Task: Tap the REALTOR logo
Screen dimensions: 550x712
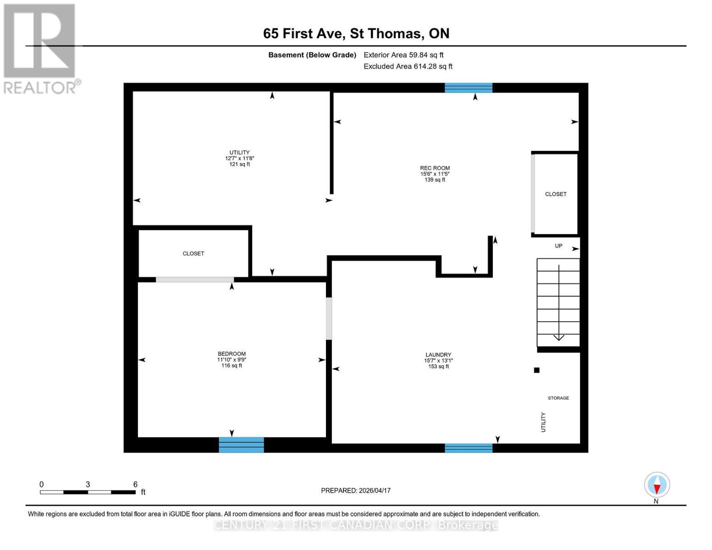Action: pyautogui.click(x=40, y=49)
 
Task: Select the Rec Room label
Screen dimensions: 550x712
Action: pyautogui.click(x=435, y=168)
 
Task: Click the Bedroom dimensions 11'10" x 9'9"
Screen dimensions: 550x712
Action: pyautogui.click(x=232, y=360)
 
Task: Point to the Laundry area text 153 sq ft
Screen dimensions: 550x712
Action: pyautogui.click(x=438, y=366)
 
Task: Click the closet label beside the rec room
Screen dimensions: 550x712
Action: pyautogui.click(x=556, y=194)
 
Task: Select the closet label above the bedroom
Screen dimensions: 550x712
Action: pyautogui.click(x=193, y=253)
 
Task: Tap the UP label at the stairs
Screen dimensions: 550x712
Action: pyautogui.click(x=558, y=246)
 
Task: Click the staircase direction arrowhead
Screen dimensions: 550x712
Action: pyautogui.click(x=558, y=338)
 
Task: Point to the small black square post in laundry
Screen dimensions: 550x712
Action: pyautogui.click(x=536, y=370)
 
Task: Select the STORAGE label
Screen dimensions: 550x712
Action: pyautogui.click(x=558, y=398)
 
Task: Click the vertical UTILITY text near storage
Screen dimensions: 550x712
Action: pyautogui.click(x=543, y=422)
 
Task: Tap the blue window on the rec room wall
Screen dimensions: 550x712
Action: pyautogui.click(x=469, y=88)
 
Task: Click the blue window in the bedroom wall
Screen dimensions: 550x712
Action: pyautogui.click(x=241, y=445)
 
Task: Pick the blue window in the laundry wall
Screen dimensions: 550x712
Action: pyautogui.click(x=469, y=448)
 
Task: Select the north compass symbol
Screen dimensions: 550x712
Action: pyautogui.click(x=657, y=485)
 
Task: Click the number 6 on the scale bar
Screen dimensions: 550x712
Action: pyautogui.click(x=135, y=484)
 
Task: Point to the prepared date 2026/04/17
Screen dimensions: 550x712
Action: pyautogui.click(x=355, y=490)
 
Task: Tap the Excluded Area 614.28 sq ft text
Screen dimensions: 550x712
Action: pyautogui.click(x=408, y=66)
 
